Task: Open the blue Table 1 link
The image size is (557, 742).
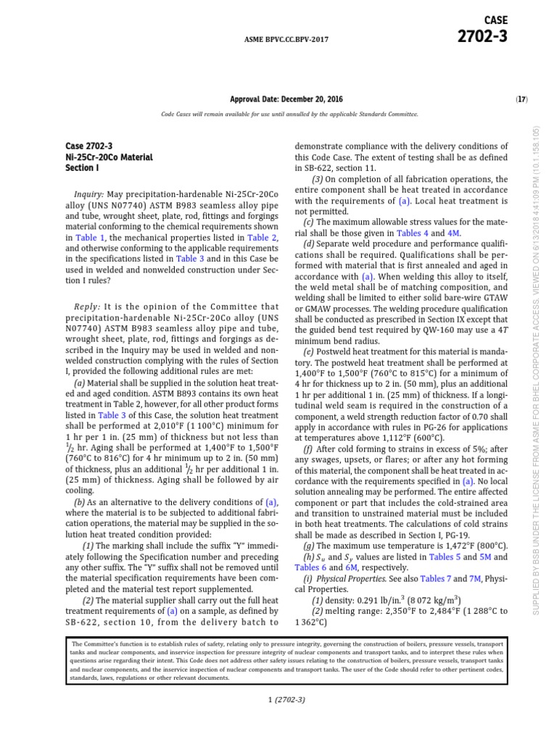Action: pyautogui.click(x=91, y=237)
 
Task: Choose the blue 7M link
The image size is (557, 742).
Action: pyautogui.click(x=475, y=578)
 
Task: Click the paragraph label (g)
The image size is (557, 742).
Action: pyautogui.click(x=309, y=546)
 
